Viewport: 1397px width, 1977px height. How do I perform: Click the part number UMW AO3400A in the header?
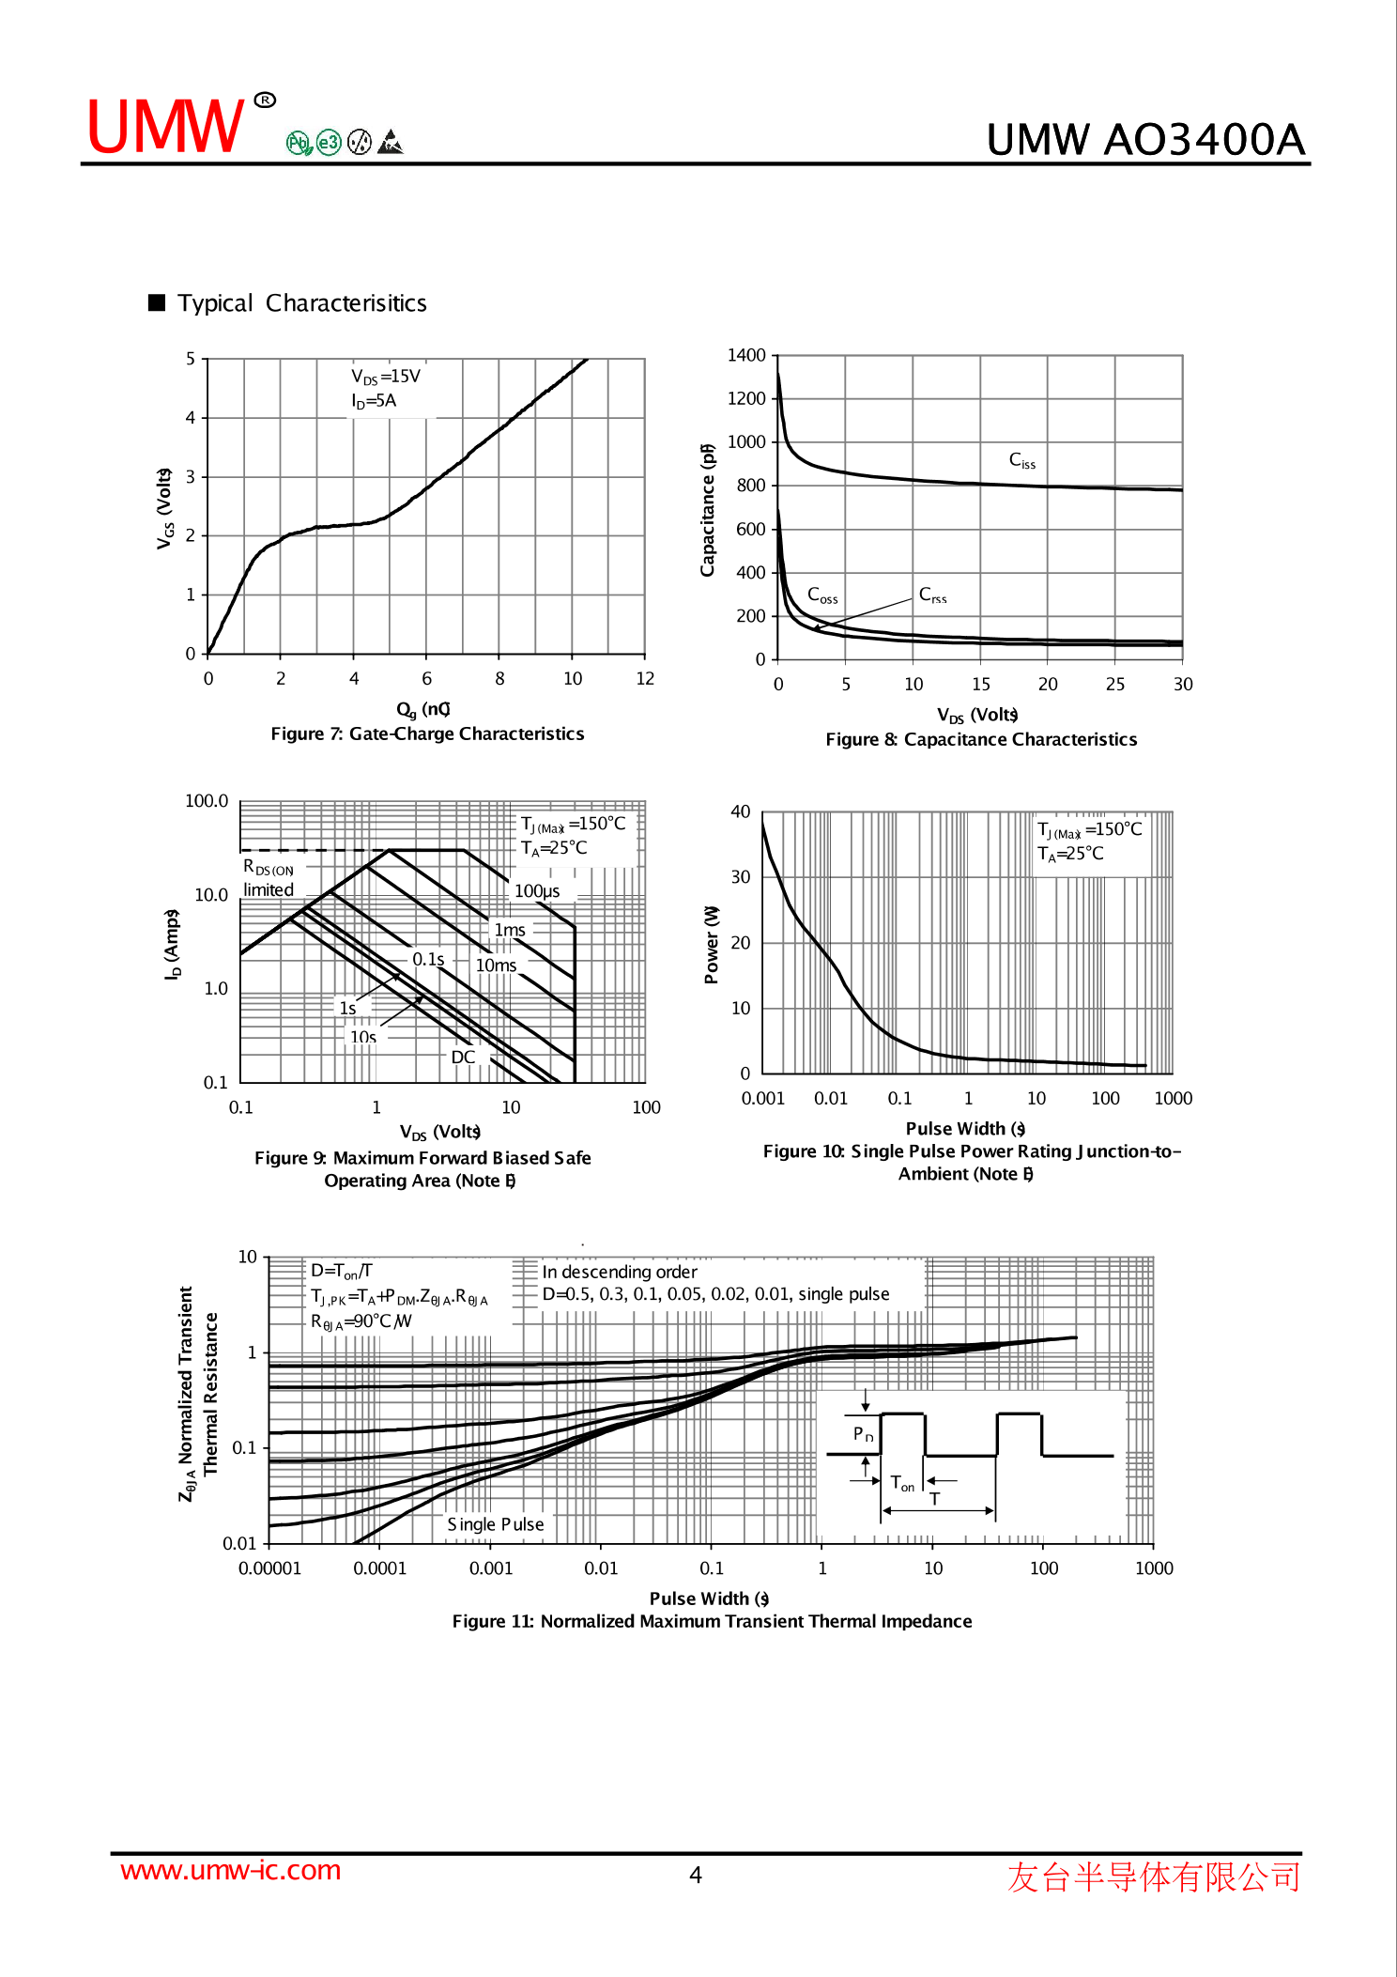[x=1145, y=139]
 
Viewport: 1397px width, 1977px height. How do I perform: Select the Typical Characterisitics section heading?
[x=301, y=303]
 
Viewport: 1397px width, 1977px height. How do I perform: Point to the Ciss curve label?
[x=1022, y=460]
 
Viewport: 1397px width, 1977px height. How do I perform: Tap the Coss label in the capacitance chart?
[x=822, y=595]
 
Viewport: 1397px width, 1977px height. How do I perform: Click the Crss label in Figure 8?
[x=932, y=595]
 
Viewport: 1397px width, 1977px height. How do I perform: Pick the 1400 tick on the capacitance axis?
[x=746, y=355]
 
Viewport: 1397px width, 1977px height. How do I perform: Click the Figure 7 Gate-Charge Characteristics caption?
[x=427, y=734]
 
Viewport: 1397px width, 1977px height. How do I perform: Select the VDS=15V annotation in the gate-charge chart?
[x=386, y=377]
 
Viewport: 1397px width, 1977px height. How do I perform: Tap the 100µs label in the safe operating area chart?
[x=537, y=891]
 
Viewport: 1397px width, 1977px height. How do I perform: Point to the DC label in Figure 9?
[x=463, y=1057]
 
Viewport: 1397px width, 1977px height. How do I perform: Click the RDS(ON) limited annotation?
[x=269, y=878]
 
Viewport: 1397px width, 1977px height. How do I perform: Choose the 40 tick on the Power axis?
[x=741, y=811]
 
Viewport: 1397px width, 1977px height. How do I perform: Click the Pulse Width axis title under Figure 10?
[x=965, y=1128]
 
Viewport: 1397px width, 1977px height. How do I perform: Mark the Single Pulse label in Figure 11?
[x=496, y=1524]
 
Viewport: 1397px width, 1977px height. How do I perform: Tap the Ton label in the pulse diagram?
[x=902, y=1484]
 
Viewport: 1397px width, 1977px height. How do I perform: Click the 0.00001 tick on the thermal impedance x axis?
[x=269, y=1568]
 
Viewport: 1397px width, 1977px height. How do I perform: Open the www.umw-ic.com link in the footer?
[x=230, y=1870]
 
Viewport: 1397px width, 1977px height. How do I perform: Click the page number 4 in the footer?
[x=696, y=1876]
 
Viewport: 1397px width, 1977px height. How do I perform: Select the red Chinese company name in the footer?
[x=1154, y=1877]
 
